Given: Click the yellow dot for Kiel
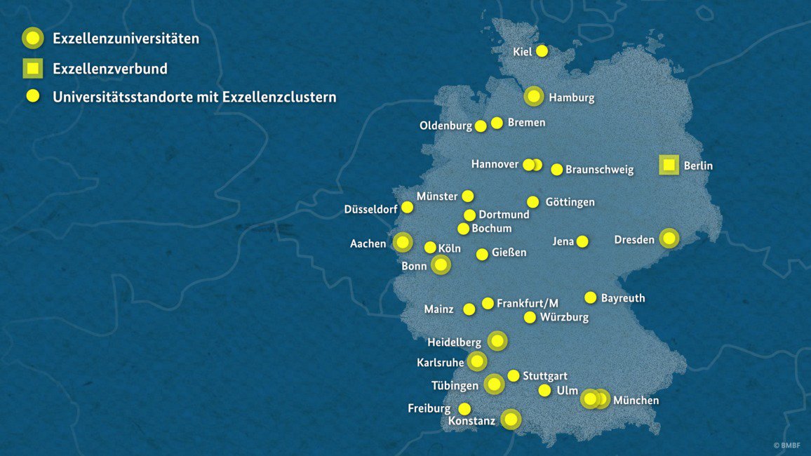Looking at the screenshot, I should point(542,51).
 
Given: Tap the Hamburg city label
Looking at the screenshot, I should point(571,98).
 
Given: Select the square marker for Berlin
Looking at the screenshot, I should point(669,166).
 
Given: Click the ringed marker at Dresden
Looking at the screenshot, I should point(669,239).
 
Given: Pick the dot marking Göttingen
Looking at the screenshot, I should point(533,202).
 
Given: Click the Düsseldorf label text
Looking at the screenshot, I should point(370,209).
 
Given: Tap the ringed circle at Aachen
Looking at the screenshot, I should point(403,243).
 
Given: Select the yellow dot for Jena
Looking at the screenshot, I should point(582,241).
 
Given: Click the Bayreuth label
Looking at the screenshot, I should point(623,298).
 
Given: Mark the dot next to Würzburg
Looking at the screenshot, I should point(530,317).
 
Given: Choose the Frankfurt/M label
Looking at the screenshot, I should point(528,303).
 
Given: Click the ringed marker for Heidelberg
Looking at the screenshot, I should point(497,342).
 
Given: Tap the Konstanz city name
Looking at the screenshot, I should point(471,421).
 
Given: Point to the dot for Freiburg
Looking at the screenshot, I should point(464,408).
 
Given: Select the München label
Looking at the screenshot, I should point(636,401).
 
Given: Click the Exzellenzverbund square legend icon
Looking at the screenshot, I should point(33,69).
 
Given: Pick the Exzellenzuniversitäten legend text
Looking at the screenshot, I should point(126,39).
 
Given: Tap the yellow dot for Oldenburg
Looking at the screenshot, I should point(481,126).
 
